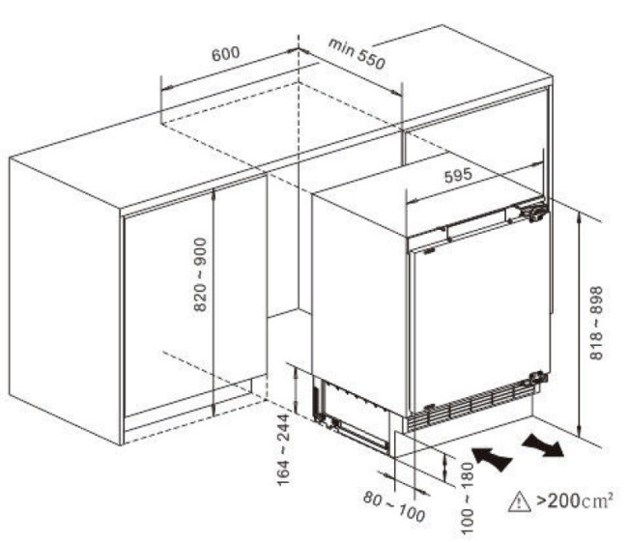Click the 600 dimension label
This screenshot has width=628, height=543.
coord(225,54)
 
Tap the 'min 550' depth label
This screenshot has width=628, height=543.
coord(357,54)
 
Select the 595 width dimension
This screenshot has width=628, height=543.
coord(458,176)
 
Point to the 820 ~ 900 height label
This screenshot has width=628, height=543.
coord(200,274)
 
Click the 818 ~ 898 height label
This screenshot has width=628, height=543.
coord(596,323)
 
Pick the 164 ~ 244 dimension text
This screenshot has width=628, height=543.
coord(283,449)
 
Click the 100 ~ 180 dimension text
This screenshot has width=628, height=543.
coord(468,499)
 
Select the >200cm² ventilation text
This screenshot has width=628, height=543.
coord(574,500)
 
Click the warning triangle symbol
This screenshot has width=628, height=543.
coord(519,501)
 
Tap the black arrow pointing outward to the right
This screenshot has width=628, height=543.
coord(543,444)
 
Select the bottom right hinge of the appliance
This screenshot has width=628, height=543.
coord(536,379)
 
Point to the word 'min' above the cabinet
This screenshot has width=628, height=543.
coord(341,46)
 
